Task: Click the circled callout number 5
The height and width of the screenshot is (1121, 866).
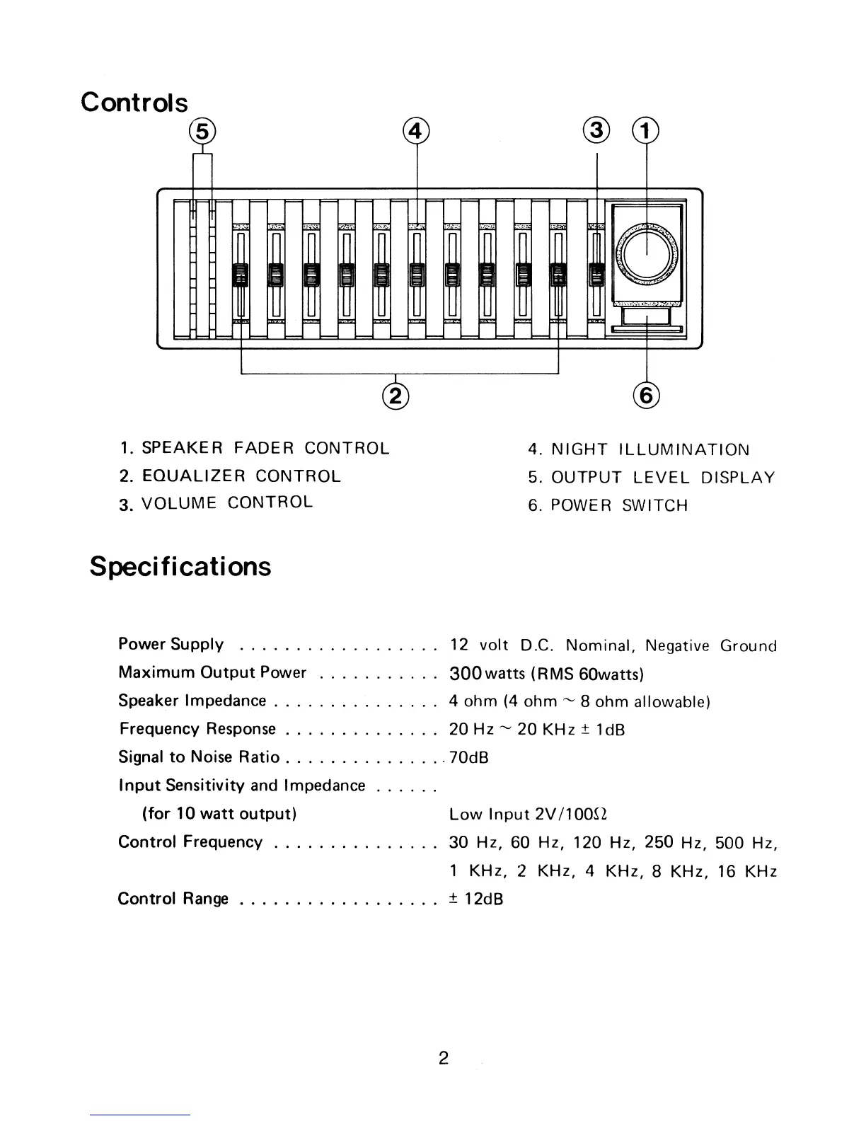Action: click(203, 132)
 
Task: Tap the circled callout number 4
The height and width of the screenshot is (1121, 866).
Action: click(416, 132)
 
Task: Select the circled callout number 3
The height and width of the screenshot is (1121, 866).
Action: click(598, 132)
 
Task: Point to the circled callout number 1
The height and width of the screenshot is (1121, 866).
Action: click(645, 132)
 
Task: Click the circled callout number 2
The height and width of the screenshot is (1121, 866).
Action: click(395, 395)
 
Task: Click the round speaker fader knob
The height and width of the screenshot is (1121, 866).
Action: click(647, 253)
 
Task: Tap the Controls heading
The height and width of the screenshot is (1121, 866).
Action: click(134, 102)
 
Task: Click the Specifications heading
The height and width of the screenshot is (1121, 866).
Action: click(180, 567)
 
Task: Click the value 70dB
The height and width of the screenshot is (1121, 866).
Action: click(469, 758)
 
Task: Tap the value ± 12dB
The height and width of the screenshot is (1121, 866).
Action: click(476, 899)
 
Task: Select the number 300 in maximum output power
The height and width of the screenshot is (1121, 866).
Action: click(466, 672)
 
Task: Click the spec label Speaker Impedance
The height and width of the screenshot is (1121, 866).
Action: click(192, 701)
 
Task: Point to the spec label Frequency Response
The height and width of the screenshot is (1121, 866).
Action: click(197, 729)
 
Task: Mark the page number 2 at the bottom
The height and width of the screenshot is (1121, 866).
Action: click(443, 1059)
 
